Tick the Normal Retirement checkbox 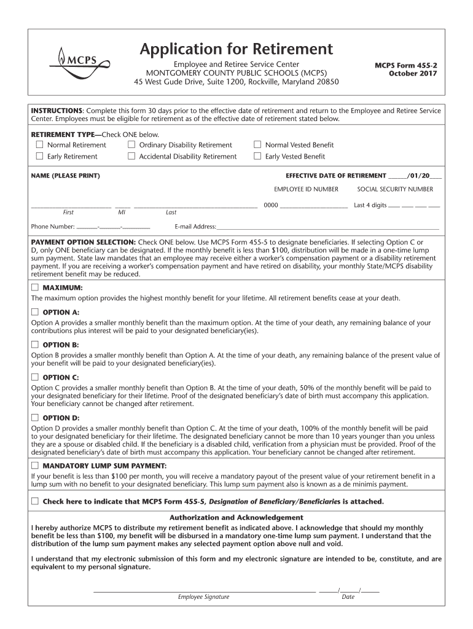click(39, 145)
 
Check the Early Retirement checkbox click(39, 156)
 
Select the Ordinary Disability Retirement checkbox click(131, 145)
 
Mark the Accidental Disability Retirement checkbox click(131, 156)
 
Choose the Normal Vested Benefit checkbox click(257, 145)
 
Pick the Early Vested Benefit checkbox click(257, 156)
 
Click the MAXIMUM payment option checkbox click(35, 287)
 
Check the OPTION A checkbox click(35, 312)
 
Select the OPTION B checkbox click(35, 345)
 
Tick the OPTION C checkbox click(35, 377)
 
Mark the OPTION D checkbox click(35, 418)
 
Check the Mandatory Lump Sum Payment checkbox click(35, 466)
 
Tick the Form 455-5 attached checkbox click(35, 501)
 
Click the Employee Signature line click(203, 590)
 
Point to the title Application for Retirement click(236, 49)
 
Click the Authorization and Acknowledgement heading click(236, 518)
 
